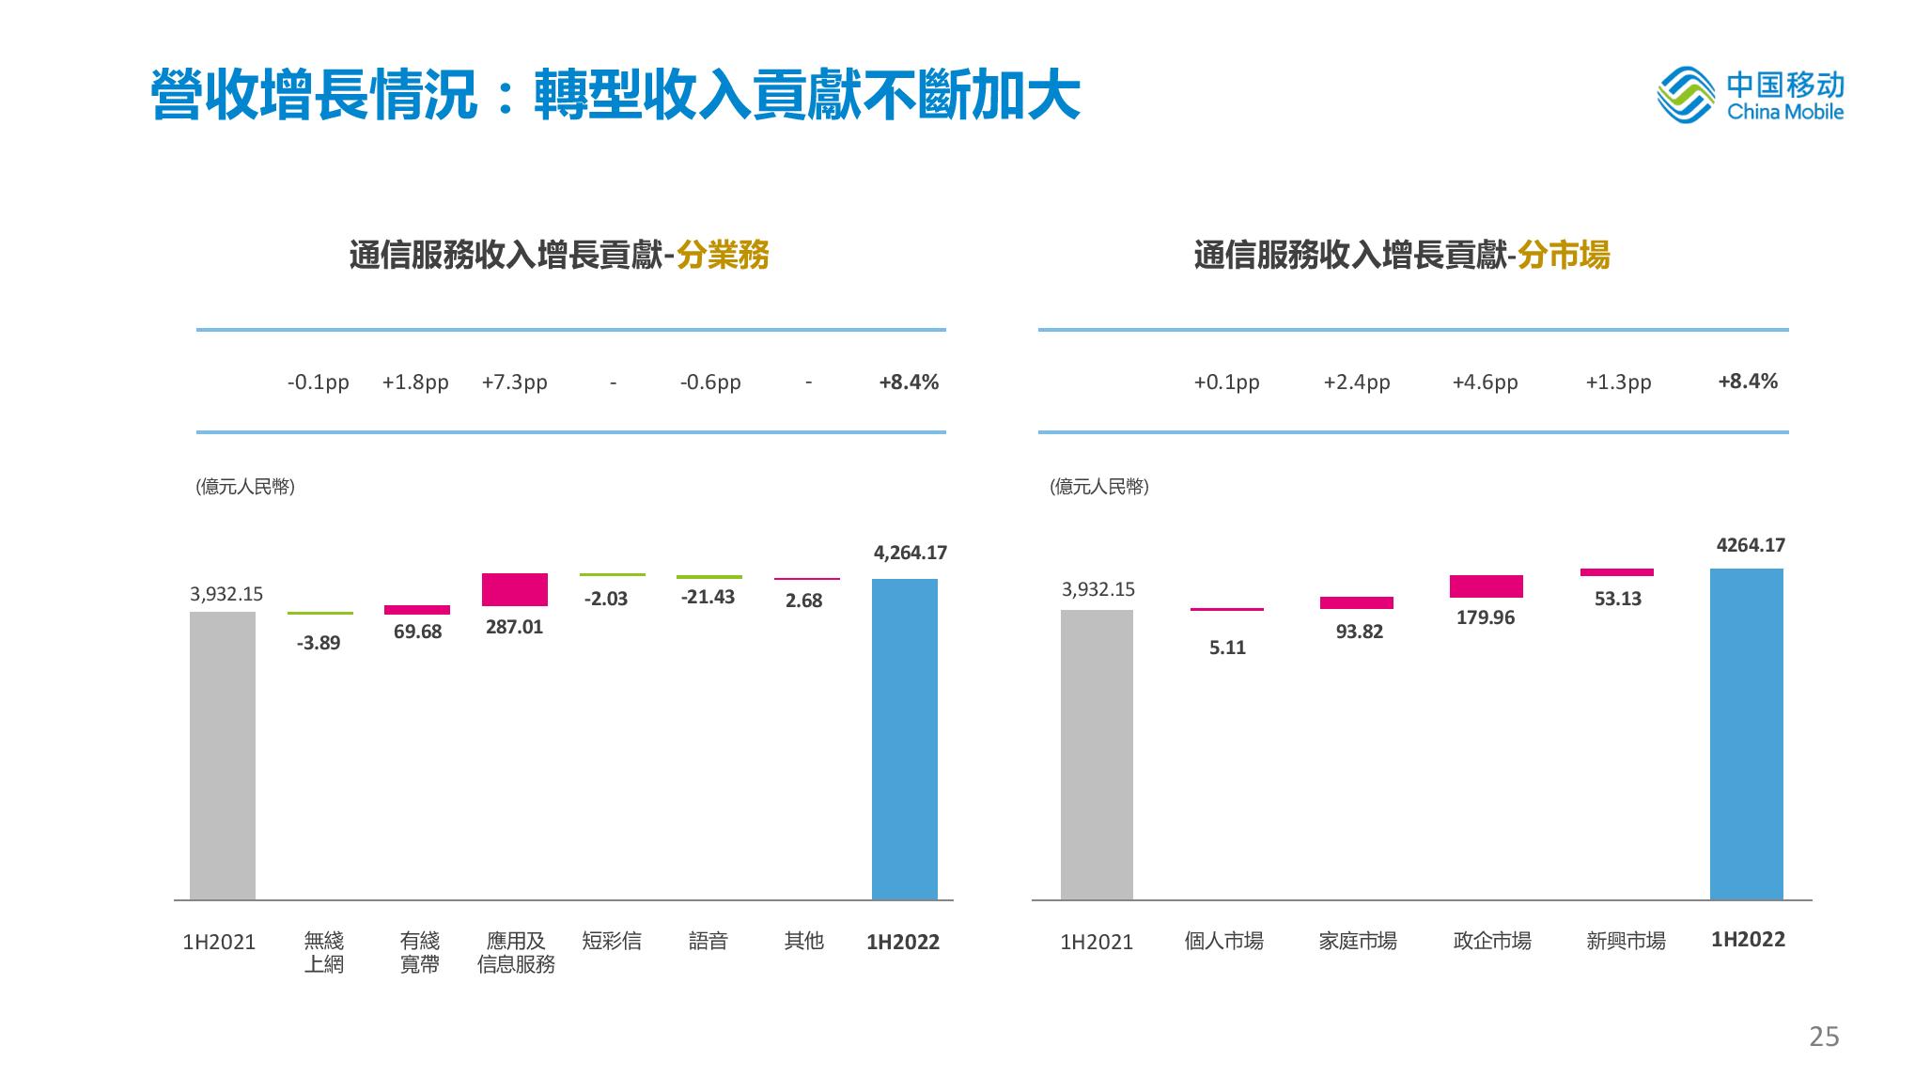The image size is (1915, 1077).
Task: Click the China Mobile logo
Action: point(1750,95)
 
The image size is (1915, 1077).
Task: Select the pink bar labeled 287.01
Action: point(514,589)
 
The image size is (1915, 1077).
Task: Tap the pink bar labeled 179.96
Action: point(1486,586)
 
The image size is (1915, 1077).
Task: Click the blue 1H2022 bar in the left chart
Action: point(904,739)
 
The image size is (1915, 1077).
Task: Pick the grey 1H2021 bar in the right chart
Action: point(1097,755)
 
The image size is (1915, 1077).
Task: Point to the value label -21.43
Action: point(708,597)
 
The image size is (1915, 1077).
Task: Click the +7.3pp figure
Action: point(514,382)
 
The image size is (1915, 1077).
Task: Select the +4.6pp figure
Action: point(1485,382)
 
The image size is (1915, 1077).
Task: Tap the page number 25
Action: point(1824,1037)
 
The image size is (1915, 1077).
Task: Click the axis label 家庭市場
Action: point(1357,941)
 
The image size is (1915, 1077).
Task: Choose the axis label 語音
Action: point(708,941)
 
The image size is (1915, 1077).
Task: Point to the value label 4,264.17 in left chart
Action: point(910,553)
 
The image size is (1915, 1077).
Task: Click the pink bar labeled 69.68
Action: point(417,610)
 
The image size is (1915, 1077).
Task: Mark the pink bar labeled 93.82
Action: point(1356,602)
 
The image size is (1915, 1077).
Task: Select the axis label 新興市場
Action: point(1626,941)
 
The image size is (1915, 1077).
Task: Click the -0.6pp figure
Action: point(710,382)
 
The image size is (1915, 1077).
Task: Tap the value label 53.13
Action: point(1617,599)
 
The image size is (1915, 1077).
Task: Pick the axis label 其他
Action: point(803,941)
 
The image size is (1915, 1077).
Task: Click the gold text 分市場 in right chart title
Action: point(1563,255)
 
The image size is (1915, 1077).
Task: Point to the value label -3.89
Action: point(319,643)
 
